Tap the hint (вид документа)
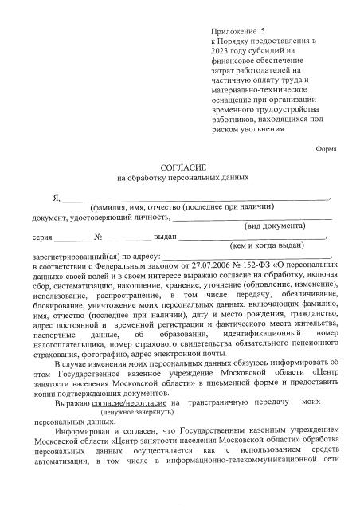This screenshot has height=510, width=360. tap(274, 226)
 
